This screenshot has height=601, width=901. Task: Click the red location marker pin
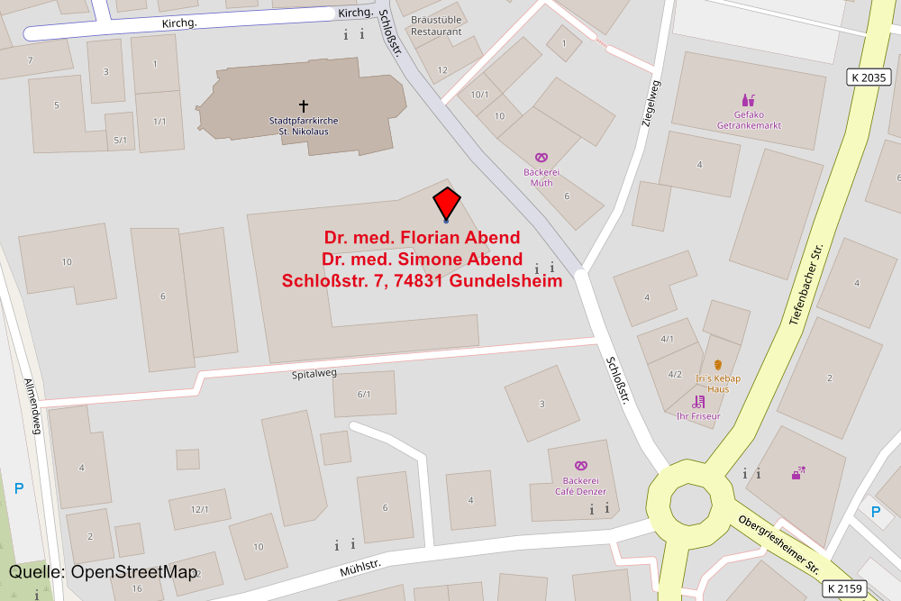446,203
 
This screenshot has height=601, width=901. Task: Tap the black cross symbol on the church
304,105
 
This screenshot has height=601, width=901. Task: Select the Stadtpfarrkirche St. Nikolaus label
303,127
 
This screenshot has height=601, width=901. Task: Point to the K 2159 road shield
844,589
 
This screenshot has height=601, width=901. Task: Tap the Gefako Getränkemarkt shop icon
748,100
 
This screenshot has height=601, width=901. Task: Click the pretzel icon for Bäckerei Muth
541,158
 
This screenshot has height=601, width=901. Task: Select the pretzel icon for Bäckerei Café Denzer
580,466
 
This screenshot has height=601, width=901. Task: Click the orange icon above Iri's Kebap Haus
718,365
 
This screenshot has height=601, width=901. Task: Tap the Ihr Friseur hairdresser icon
698,402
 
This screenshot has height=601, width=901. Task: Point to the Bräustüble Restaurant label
436,25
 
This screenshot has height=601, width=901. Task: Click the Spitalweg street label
314,374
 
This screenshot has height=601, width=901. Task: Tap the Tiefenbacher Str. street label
806,285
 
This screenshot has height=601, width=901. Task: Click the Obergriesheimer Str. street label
778,543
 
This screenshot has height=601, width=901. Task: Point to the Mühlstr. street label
360,569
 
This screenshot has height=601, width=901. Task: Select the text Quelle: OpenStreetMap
102,572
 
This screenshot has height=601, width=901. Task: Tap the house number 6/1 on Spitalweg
364,394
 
